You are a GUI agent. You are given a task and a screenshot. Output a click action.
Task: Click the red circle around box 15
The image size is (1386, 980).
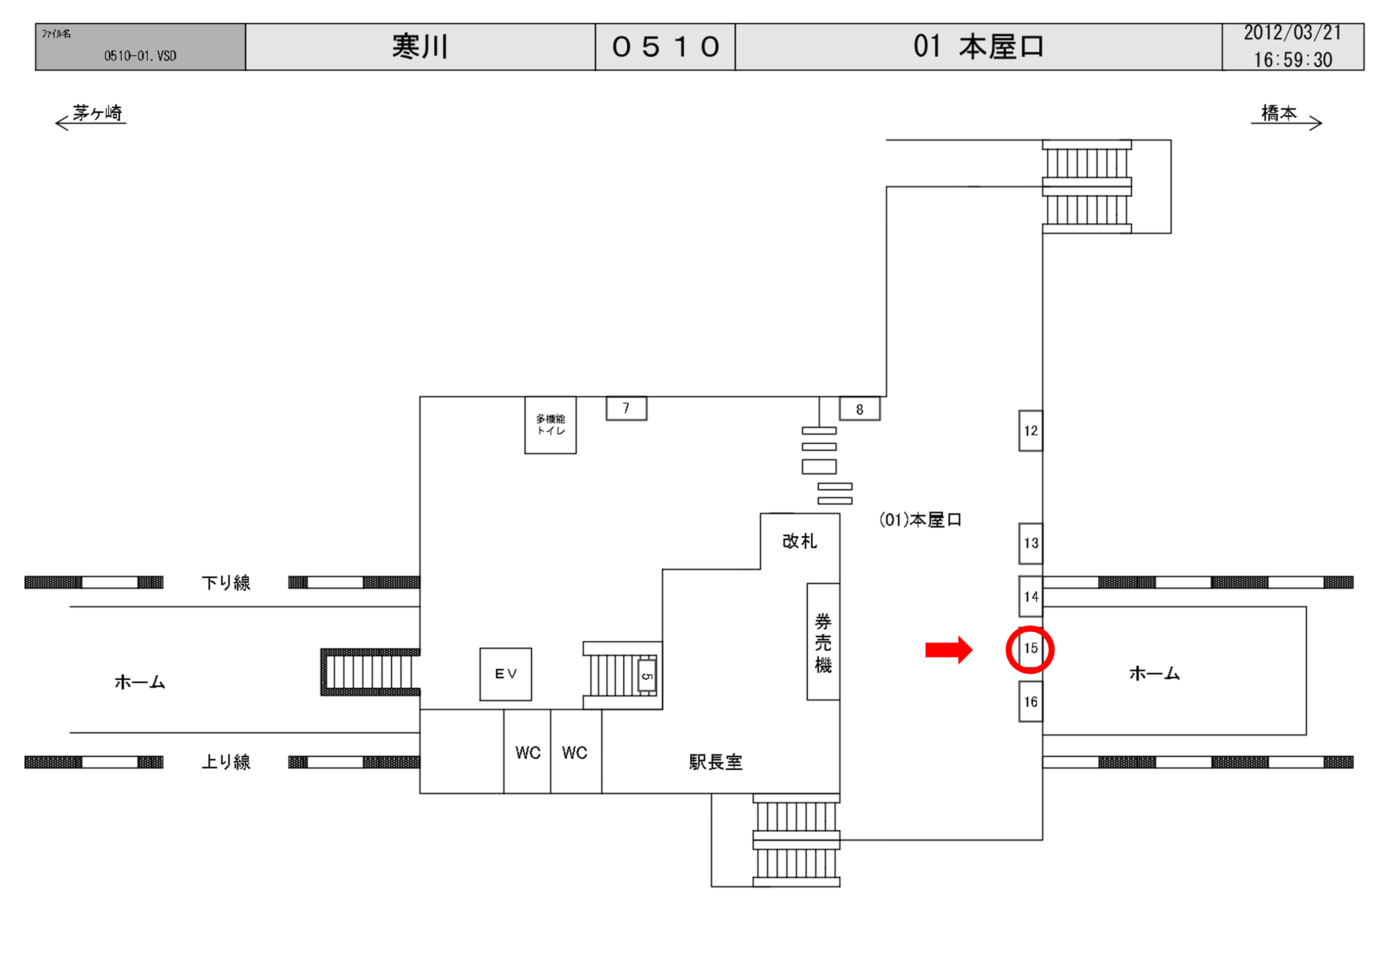(1030, 650)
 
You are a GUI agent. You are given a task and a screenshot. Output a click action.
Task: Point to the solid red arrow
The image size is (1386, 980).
(948, 650)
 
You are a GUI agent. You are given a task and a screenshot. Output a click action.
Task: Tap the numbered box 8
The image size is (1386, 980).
(860, 409)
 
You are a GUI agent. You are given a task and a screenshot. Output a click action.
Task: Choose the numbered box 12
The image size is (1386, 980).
(1031, 431)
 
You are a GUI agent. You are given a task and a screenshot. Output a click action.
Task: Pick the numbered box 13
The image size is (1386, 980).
(1031, 543)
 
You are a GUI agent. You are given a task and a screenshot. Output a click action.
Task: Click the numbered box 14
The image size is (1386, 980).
(1031, 596)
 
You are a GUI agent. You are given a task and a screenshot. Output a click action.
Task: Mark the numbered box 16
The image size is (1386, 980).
(1031, 702)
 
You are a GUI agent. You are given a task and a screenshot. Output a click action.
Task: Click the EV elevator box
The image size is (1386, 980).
(505, 674)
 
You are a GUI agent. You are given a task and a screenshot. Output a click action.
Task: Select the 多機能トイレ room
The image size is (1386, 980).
(550, 425)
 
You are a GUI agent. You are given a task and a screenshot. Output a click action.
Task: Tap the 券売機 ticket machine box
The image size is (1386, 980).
(823, 642)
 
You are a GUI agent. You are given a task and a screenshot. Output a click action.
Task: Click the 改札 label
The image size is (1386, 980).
(799, 541)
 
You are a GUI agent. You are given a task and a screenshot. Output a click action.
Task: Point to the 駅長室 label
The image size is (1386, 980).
(715, 762)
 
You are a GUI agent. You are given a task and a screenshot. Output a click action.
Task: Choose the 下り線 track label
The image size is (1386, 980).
(226, 583)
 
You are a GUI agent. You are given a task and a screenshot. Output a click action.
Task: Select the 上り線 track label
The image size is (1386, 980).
(226, 762)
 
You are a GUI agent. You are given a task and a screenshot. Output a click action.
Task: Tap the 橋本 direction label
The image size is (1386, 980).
(1278, 113)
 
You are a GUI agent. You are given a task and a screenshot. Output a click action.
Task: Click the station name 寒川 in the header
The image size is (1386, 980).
(420, 47)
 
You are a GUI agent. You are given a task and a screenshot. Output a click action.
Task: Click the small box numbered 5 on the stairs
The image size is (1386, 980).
(646, 676)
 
